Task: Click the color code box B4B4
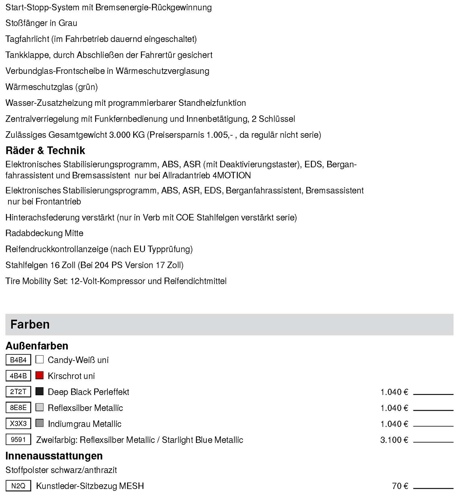[x=18, y=360]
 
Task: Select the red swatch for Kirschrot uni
[x=39, y=375]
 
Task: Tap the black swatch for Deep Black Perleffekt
[x=39, y=391]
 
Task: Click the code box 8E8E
[x=18, y=408]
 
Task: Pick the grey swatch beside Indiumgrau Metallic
[x=39, y=423]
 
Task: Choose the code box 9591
[x=18, y=440]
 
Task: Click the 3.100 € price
[x=394, y=440]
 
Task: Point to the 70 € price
[x=400, y=486]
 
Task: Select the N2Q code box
[x=18, y=486]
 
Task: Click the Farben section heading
[x=30, y=324]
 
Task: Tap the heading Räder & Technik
[x=45, y=150]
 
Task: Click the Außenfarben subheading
[x=37, y=346]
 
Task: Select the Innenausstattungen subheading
[x=54, y=456]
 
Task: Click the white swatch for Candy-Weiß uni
[x=39, y=359]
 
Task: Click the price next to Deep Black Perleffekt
[x=394, y=392]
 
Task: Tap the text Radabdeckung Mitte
[x=44, y=233]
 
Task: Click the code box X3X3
[x=18, y=423]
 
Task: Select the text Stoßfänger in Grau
[x=41, y=23]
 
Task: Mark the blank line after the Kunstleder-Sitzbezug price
[x=433, y=488]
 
